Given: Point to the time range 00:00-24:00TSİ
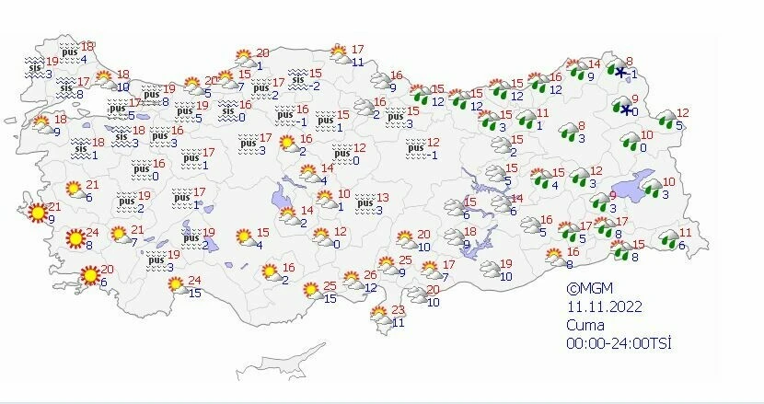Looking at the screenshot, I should (619, 342).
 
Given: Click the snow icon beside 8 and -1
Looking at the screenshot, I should (622, 73).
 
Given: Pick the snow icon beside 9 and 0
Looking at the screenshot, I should (628, 110).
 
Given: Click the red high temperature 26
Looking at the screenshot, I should (370, 275).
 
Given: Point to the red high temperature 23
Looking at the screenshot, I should (399, 309).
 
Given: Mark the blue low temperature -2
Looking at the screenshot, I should (314, 87).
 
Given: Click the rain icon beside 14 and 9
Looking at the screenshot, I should (579, 70).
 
